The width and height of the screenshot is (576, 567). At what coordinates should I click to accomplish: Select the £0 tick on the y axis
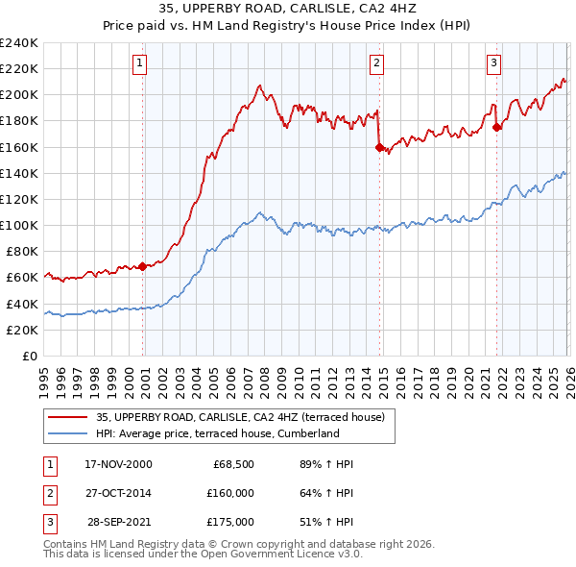[31, 356]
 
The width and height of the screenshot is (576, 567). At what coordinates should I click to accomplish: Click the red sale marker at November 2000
[143, 266]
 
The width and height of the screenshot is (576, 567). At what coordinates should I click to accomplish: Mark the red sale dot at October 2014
[379, 147]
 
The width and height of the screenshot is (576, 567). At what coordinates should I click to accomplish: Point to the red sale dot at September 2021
[496, 127]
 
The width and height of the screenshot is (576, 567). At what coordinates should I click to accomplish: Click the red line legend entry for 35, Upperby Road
[240, 417]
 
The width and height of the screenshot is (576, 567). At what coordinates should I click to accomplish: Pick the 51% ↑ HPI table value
[326, 522]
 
